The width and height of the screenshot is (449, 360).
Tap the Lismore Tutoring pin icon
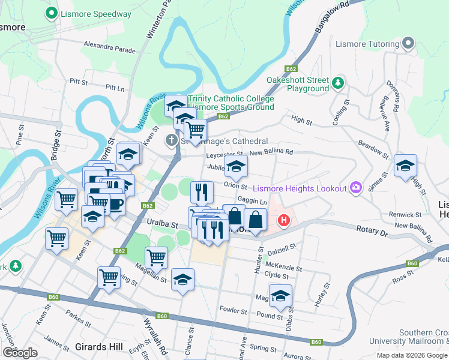coord(409,44)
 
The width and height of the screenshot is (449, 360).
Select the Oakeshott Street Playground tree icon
coord(339,81)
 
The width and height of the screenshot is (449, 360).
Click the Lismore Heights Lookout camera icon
coord(357,188)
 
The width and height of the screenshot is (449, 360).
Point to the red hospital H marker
coord(283,221)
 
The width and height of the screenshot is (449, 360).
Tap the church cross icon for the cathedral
coord(171,141)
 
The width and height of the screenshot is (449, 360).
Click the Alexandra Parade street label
coord(110,47)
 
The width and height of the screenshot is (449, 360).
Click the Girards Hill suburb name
coord(99,347)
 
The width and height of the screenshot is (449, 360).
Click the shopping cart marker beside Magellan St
coord(156,257)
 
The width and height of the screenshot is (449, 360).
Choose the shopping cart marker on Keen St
coord(57,238)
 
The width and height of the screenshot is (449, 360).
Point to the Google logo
coord(20,353)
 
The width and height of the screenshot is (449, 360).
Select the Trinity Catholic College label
coord(231,99)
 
